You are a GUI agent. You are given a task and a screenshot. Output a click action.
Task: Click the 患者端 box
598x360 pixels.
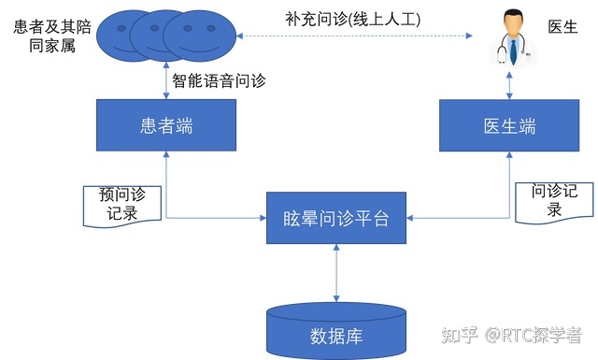tap(165, 125)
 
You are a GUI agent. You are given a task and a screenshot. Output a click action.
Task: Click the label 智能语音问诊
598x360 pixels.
tap(220, 80)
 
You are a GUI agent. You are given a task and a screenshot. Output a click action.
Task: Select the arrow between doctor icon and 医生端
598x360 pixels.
tap(508, 85)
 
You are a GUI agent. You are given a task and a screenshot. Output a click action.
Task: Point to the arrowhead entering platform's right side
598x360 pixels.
tap(410, 220)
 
